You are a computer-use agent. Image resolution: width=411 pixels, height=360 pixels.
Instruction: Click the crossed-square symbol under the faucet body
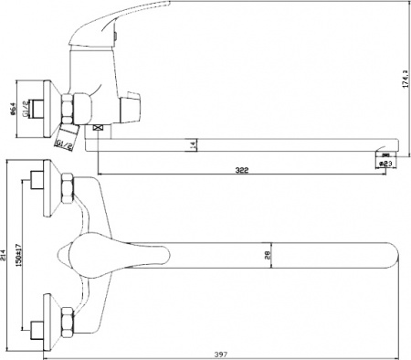pos(93,131)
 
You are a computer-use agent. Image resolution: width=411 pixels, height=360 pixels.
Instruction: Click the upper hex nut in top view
pos(66,191)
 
